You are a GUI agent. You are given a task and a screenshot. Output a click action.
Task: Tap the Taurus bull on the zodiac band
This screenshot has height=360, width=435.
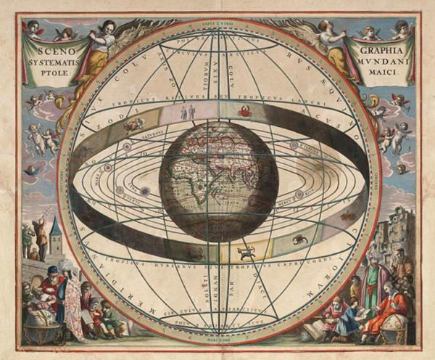pos(133,126)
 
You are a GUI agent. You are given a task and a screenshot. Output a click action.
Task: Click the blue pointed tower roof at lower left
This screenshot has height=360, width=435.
pos(56,231)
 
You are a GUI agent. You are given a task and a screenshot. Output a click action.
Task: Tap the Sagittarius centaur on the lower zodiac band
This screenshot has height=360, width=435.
pos(247,253)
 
